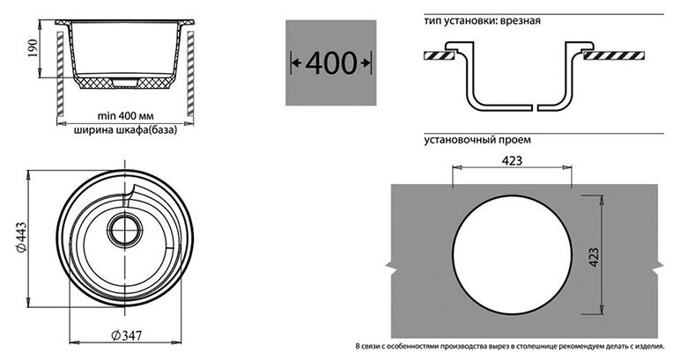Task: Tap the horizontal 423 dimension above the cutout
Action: (512, 161)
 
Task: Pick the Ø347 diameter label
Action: (129, 335)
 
